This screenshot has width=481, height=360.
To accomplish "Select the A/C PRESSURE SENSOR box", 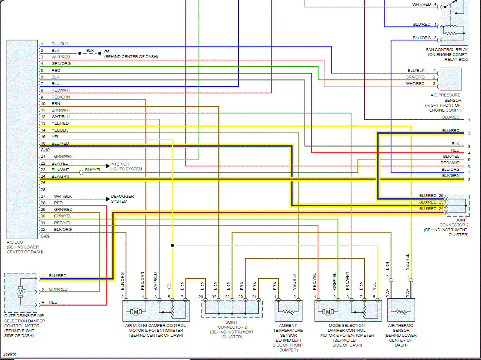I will tap(450, 79).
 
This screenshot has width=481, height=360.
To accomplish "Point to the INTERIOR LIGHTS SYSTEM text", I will tap(126, 167).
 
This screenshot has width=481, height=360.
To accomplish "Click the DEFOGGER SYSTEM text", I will tap(122, 199).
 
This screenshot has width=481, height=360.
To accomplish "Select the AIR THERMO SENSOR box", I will tap(401, 311).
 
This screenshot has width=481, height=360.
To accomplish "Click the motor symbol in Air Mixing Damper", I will tap(136, 312).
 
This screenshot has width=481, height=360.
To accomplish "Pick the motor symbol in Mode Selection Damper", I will tap(328, 312).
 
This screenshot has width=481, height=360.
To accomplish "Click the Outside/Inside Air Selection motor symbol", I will tap(20, 292).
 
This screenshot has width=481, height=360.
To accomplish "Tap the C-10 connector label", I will tap(45, 150).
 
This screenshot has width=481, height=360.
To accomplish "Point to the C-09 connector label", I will tap(45, 236).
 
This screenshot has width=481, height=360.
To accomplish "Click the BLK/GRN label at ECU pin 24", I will tap(60, 177).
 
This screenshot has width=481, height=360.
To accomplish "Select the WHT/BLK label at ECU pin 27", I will tap(63, 197).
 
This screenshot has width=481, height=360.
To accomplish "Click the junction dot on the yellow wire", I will tap(172, 246).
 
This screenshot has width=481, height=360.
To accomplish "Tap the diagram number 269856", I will tap(10, 354).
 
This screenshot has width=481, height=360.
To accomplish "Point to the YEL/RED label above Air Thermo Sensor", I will tap(407, 262).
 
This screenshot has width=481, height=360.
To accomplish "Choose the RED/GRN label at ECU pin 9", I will tap(60, 97).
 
